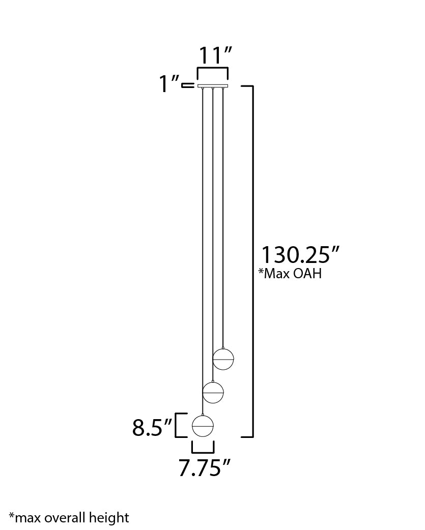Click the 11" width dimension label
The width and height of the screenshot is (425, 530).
pos(215,55)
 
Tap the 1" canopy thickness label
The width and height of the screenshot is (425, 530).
pos(169,84)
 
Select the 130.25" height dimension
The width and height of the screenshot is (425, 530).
pos(300,255)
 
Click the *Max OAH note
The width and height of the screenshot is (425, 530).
pos(290,273)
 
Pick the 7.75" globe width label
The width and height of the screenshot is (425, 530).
pos(204,468)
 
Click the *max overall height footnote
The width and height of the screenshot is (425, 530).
pos(69,518)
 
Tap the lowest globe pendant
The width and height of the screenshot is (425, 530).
pos(203,425)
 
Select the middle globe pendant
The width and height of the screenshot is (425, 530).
pos(213,392)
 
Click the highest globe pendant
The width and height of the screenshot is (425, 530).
pos(223,359)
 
